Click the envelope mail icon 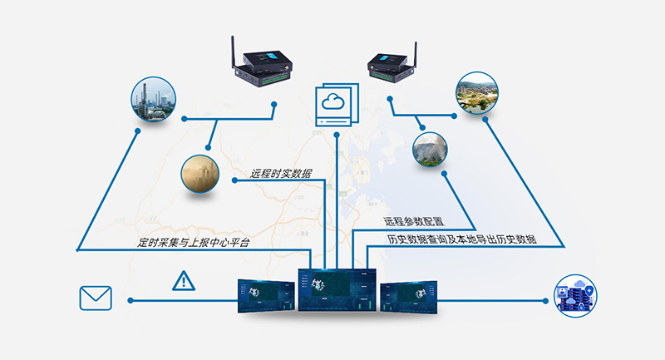96,298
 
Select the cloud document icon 336,106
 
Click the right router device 391,67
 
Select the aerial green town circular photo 476,92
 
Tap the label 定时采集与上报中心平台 194,243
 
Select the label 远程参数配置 413,223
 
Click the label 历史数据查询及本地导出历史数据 461,239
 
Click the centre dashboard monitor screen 337,289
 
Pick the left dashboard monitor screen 265,296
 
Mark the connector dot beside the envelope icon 131,299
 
